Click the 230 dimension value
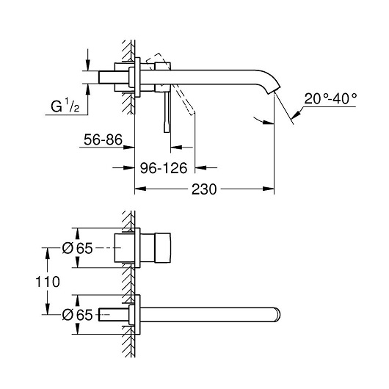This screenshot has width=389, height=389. click(204, 189)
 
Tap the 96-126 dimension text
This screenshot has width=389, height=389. click(164, 168)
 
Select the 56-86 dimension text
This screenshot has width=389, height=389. click(103, 139)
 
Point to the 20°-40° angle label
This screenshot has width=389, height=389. click(330, 99)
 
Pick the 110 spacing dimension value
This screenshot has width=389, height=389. click(48, 282)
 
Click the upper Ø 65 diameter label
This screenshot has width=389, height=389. click(77, 248)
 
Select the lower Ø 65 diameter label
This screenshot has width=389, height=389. click(77, 315)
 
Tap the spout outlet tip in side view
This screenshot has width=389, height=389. click(274, 90)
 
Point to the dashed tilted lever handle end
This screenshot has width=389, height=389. click(192, 112)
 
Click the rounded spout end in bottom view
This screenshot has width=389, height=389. click(277, 315)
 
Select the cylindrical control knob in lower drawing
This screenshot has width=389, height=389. click(163, 247)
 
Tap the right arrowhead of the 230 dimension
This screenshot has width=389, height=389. click(269, 189)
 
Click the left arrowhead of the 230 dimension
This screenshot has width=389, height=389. click(140, 189)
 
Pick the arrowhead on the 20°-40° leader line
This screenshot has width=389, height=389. click(296, 114)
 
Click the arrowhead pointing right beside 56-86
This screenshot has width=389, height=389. click(128, 147)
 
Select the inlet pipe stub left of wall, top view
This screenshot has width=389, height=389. click(114, 77)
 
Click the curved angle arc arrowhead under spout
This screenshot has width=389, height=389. click(269, 122)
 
